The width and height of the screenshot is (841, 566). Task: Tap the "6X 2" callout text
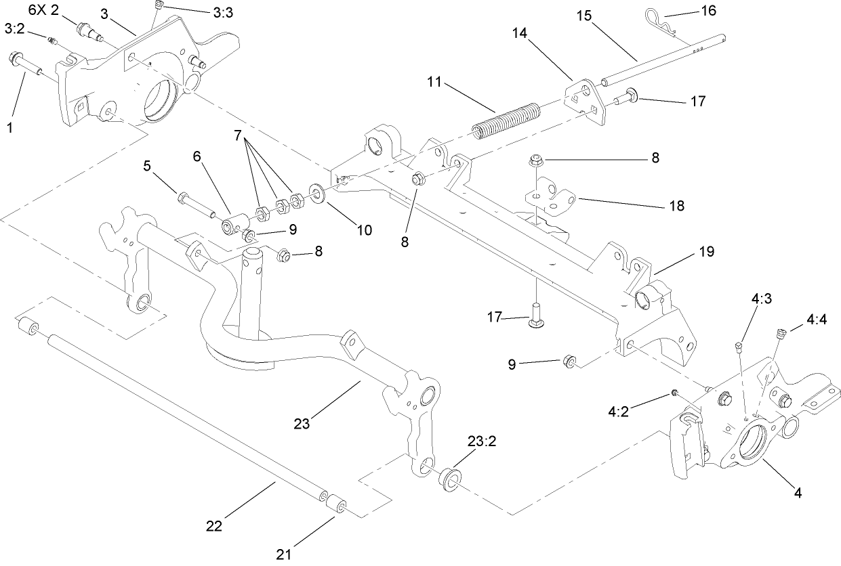(x=44, y=10)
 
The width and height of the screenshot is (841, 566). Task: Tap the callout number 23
(x=302, y=424)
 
